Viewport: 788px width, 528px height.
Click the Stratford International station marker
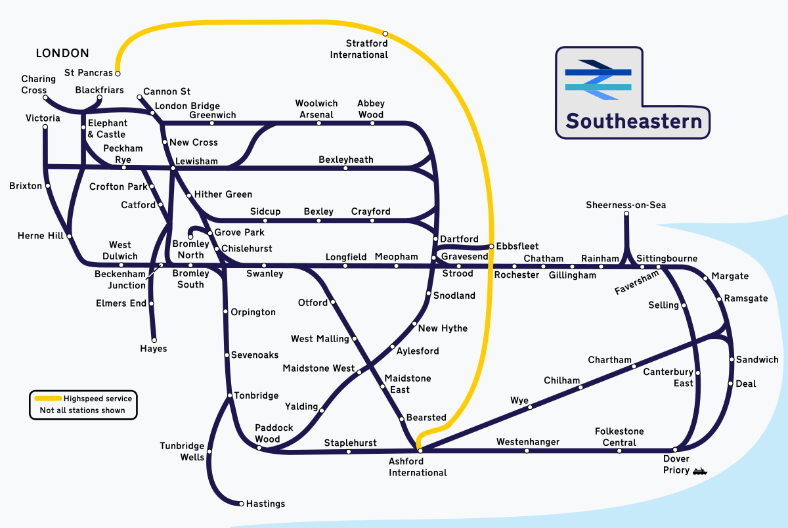pos(385,33)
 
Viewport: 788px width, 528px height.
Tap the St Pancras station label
pos(89,73)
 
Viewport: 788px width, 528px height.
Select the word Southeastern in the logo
pos(634,121)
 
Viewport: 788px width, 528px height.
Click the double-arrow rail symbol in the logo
pos(598,79)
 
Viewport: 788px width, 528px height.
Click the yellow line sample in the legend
pos(47,399)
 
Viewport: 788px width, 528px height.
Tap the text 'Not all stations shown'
pos(82,410)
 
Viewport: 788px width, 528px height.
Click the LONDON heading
pos(62,53)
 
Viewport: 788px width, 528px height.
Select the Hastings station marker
pos(240,504)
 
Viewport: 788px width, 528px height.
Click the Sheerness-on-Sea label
pos(626,206)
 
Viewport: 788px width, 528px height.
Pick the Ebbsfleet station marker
pos(491,246)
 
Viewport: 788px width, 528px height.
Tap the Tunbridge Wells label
pos(182,452)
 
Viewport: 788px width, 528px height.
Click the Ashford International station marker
pos(420,451)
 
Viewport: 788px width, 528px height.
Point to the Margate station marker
pos(706,278)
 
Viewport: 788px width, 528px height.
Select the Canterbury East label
pos(668,378)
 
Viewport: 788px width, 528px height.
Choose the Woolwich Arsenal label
pos(316,109)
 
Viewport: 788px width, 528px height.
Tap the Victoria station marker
pos(45,127)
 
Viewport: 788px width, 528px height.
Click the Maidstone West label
pos(318,368)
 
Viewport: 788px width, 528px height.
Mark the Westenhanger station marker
pos(527,451)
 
